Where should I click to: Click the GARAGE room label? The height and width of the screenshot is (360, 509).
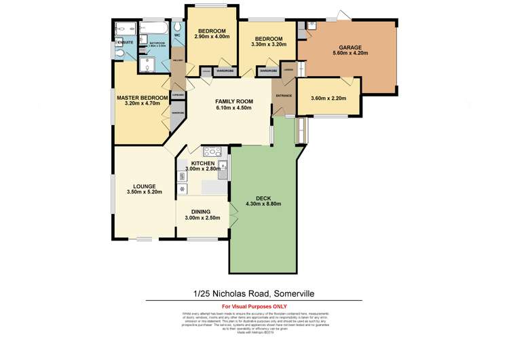(346, 48)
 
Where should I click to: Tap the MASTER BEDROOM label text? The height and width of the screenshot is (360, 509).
(143, 98)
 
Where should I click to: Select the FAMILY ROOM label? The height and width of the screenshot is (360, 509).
(233, 99)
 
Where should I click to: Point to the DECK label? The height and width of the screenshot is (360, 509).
(263, 198)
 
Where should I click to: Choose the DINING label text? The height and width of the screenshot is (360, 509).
(200, 211)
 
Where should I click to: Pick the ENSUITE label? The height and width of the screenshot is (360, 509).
(124, 42)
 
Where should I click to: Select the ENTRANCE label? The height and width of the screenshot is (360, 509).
(283, 96)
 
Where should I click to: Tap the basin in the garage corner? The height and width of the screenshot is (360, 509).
(311, 25)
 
